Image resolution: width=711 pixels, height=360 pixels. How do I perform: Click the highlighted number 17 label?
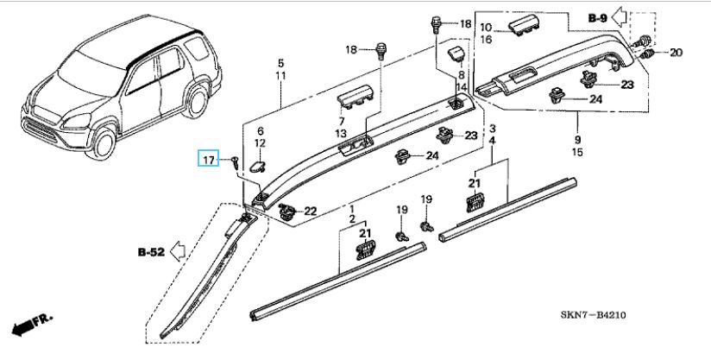pyautogui.click(x=208, y=159)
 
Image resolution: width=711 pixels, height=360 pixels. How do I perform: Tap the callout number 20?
pyautogui.click(x=676, y=53)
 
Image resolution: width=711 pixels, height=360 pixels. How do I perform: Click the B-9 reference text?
pyautogui.click(x=598, y=18)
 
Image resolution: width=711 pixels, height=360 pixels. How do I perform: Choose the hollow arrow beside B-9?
pyautogui.click(x=619, y=17)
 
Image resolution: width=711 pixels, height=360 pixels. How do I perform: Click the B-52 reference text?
pyautogui.click(x=151, y=252)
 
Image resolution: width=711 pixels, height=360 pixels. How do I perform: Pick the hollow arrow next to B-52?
pyautogui.click(x=178, y=251)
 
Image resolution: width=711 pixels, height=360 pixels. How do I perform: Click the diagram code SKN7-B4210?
pyautogui.click(x=593, y=314)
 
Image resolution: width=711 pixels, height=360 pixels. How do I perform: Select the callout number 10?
pyautogui.click(x=486, y=28)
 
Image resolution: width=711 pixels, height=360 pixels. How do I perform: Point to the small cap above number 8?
pyautogui.click(x=456, y=54)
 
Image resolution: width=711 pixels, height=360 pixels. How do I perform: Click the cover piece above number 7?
pyautogui.click(x=355, y=97)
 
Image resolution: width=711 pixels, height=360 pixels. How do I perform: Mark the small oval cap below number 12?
pyautogui.click(x=257, y=166)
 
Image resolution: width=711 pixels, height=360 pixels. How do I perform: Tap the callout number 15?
pyautogui.click(x=577, y=152)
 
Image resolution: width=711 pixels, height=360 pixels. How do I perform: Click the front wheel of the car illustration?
pyautogui.click(x=103, y=142)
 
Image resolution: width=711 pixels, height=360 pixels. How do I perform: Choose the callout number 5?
pyautogui.click(x=280, y=63)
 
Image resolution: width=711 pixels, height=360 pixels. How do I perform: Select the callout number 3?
pyautogui.click(x=493, y=129)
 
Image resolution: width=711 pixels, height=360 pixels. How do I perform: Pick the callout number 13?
pyautogui.click(x=341, y=134)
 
